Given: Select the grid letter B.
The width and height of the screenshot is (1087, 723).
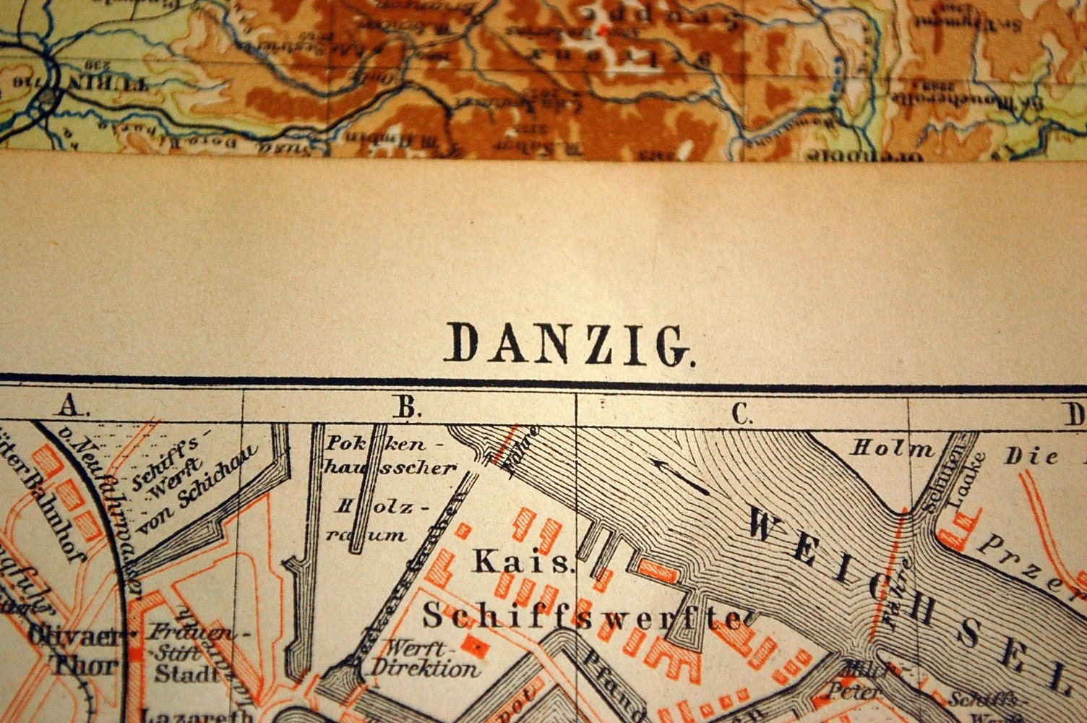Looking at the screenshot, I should (408, 408).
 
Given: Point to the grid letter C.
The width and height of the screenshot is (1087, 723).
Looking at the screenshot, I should (742, 413).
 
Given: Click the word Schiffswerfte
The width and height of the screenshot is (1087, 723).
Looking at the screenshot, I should (582, 618).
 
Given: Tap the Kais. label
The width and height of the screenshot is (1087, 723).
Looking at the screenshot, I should (524, 562).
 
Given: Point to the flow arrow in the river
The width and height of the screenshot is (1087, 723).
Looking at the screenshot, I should (679, 475).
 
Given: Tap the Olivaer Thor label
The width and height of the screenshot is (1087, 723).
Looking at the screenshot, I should (72, 651).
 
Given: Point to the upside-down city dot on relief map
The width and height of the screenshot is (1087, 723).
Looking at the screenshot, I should (48, 96).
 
